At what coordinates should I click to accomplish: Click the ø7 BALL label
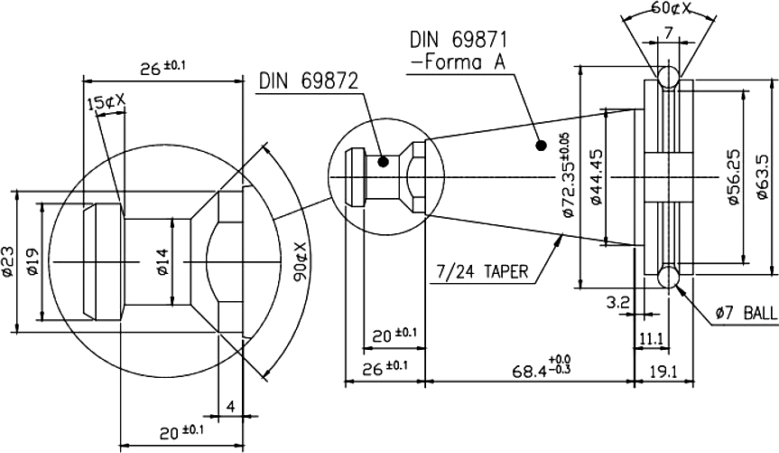pos(744,313)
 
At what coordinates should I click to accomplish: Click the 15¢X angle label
pos(107,104)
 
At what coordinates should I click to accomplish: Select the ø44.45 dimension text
pos(595,177)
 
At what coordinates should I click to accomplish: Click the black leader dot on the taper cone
pos(540,144)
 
